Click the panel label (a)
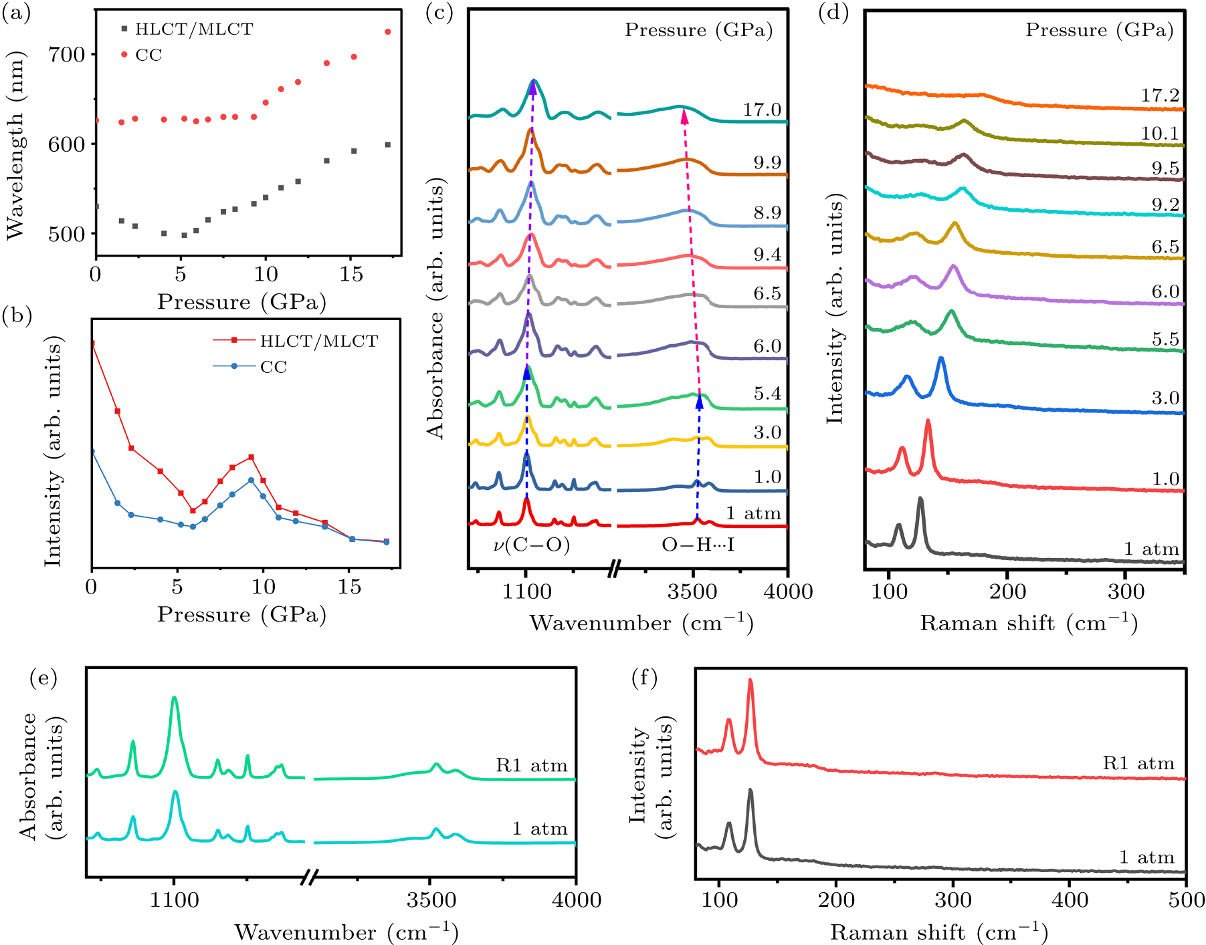[x=16, y=13]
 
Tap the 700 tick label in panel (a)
[x=66, y=54]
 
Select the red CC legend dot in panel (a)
[x=124, y=55]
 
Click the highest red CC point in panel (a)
[x=387, y=31]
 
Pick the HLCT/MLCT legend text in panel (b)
[x=318, y=342]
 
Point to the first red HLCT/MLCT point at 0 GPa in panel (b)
[x=92, y=344]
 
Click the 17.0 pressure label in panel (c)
[x=762, y=110]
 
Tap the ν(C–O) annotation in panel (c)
[x=531, y=545]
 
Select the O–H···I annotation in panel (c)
[x=698, y=545]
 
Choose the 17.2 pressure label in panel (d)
[x=1160, y=96]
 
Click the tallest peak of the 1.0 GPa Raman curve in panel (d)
[x=928, y=421]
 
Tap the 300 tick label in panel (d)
[x=1126, y=591]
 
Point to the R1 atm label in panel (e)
[x=531, y=765]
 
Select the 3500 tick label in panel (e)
[x=431, y=900]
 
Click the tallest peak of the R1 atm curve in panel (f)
[x=750, y=681]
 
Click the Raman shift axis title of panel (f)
[x=939, y=932]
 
